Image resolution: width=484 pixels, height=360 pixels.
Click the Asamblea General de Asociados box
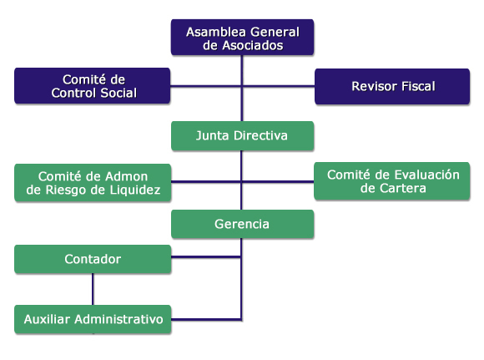(x=242, y=38)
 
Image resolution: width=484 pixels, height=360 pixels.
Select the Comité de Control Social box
(x=93, y=86)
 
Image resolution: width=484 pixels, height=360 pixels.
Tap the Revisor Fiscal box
(x=392, y=87)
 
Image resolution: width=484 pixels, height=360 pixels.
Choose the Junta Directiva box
(x=243, y=136)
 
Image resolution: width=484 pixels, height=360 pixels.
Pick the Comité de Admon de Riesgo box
(x=93, y=183)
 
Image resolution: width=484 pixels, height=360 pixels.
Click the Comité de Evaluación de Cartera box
(x=392, y=181)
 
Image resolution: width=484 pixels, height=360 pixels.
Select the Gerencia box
(x=243, y=224)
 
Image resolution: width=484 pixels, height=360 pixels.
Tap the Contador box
(x=93, y=259)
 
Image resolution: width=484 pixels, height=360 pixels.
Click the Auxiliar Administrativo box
(x=93, y=319)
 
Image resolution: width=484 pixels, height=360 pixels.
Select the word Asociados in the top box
(x=253, y=45)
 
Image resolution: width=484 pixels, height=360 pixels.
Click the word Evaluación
(x=427, y=175)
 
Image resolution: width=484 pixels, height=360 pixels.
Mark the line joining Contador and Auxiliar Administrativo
(x=93, y=289)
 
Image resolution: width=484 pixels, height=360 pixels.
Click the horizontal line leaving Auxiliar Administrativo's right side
(x=206, y=320)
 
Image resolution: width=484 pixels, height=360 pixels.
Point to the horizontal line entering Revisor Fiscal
(x=279, y=86)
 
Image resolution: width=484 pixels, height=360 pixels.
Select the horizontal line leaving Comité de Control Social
(x=206, y=85)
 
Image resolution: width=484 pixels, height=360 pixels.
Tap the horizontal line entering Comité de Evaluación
(x=278, y=181)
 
